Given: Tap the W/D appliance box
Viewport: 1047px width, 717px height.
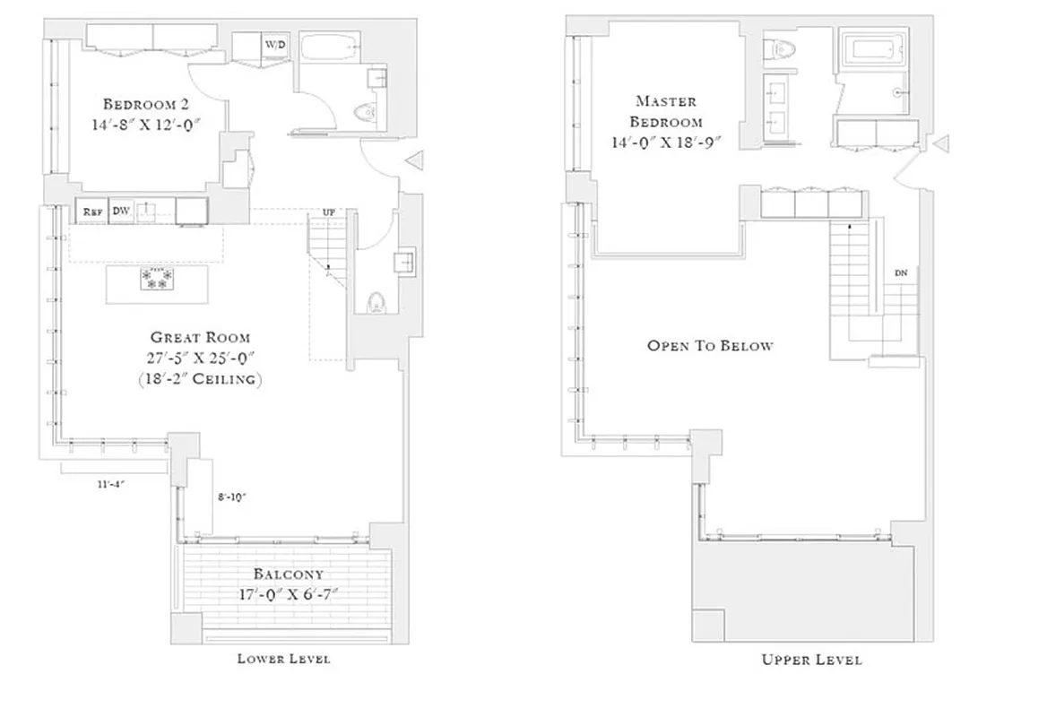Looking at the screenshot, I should (273, 44).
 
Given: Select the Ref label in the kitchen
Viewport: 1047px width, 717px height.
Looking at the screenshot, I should (91, 212).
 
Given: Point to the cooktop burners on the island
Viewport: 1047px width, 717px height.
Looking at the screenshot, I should (157, 279).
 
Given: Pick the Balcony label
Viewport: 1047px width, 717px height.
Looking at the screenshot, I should (288, 574).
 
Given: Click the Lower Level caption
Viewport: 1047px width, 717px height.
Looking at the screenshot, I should (283, 659).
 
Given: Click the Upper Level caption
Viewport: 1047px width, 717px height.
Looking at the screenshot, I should (811, 660).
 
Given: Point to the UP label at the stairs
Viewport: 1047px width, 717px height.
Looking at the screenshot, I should (328, 212).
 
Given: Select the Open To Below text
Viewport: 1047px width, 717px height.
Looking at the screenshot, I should (710, 345).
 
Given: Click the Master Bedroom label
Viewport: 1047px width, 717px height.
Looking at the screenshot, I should (665, 111).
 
